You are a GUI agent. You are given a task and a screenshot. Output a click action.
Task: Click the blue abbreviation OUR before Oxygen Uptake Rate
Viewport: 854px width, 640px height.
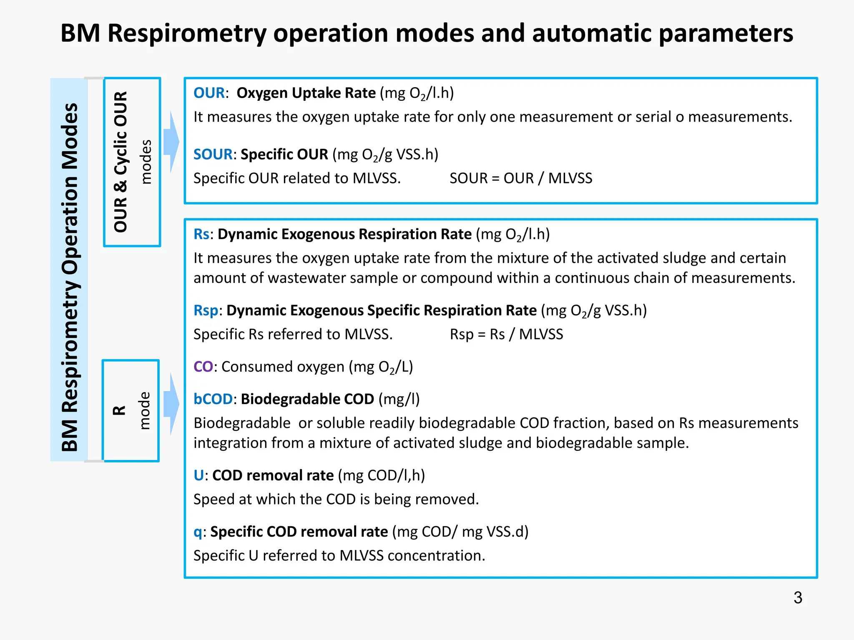(x=209, y=93)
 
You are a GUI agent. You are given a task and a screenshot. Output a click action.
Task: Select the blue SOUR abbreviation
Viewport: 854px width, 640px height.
(x=213, y=154)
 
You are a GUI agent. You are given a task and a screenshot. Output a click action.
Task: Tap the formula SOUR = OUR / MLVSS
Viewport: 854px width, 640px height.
(x=520, y=178)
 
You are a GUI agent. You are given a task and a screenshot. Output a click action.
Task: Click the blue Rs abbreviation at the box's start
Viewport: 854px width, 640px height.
(x=201, y=234)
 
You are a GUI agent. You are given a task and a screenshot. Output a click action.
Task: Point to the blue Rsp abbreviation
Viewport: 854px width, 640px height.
(x=206, y=310)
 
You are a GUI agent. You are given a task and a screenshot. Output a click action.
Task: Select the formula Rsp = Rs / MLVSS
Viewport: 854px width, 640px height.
(x=506, y=334)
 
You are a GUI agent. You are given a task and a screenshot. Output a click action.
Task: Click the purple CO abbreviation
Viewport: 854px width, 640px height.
(x=203, y=367)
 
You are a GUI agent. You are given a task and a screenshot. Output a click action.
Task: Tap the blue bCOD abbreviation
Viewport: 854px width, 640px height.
(x=213, y=399)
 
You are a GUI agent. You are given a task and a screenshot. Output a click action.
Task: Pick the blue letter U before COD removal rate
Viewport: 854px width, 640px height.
(x=198, y=475)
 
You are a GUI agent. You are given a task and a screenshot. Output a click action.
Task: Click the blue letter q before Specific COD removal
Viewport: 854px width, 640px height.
(x=198, y=532)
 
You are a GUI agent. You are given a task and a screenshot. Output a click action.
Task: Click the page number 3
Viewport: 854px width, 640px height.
(x=798, y=598)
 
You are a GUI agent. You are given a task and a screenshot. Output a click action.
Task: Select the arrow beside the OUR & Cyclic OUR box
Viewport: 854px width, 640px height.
(x=171, y=142)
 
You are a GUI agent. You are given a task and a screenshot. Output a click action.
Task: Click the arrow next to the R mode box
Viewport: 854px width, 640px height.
(x=171, y=404)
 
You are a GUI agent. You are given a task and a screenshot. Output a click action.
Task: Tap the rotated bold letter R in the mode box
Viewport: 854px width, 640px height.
(x=120, y=410)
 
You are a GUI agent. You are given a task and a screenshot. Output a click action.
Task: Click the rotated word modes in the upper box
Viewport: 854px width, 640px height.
(x=146, y=162)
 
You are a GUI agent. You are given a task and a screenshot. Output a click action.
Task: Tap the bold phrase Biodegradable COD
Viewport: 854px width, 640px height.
(x=307, y=399)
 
